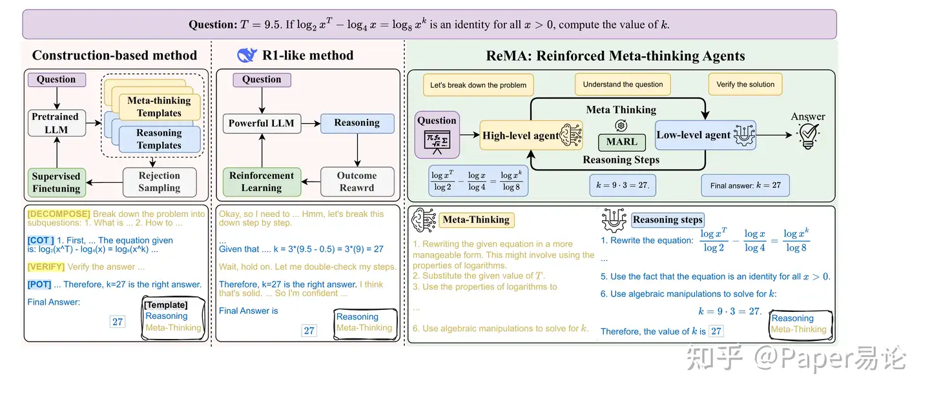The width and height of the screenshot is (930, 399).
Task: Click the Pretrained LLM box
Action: click(55, 123)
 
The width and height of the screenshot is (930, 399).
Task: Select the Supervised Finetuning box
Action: click(56, 182)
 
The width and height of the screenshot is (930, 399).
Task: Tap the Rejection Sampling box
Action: click(159, 182)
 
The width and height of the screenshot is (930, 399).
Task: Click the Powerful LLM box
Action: click(262, 123)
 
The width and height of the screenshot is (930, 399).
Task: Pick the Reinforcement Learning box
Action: click(262, 181)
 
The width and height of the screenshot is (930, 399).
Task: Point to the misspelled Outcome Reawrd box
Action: click(356, 181)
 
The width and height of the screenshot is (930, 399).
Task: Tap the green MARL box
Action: click(621, 142)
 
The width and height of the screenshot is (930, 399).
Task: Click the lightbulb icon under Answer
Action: click(808, 138)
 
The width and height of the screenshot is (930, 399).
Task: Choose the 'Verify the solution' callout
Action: click(745, 85)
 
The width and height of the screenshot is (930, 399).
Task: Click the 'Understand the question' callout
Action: click(623, 85)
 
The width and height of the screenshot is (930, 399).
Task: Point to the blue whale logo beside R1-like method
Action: click(247, 56)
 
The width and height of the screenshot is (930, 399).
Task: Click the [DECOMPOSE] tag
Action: click(59, 214)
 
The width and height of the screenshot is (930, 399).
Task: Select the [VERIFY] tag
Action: click(46, 267)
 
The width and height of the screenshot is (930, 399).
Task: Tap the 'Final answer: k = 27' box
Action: click(745, 185)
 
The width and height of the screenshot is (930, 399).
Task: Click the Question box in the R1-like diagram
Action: click(262, 80)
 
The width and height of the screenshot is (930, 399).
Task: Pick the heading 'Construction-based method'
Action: click(114, 56)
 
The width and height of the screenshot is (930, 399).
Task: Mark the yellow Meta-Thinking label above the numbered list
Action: click(476, 220)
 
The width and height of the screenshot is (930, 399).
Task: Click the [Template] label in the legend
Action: click(165, 305)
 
